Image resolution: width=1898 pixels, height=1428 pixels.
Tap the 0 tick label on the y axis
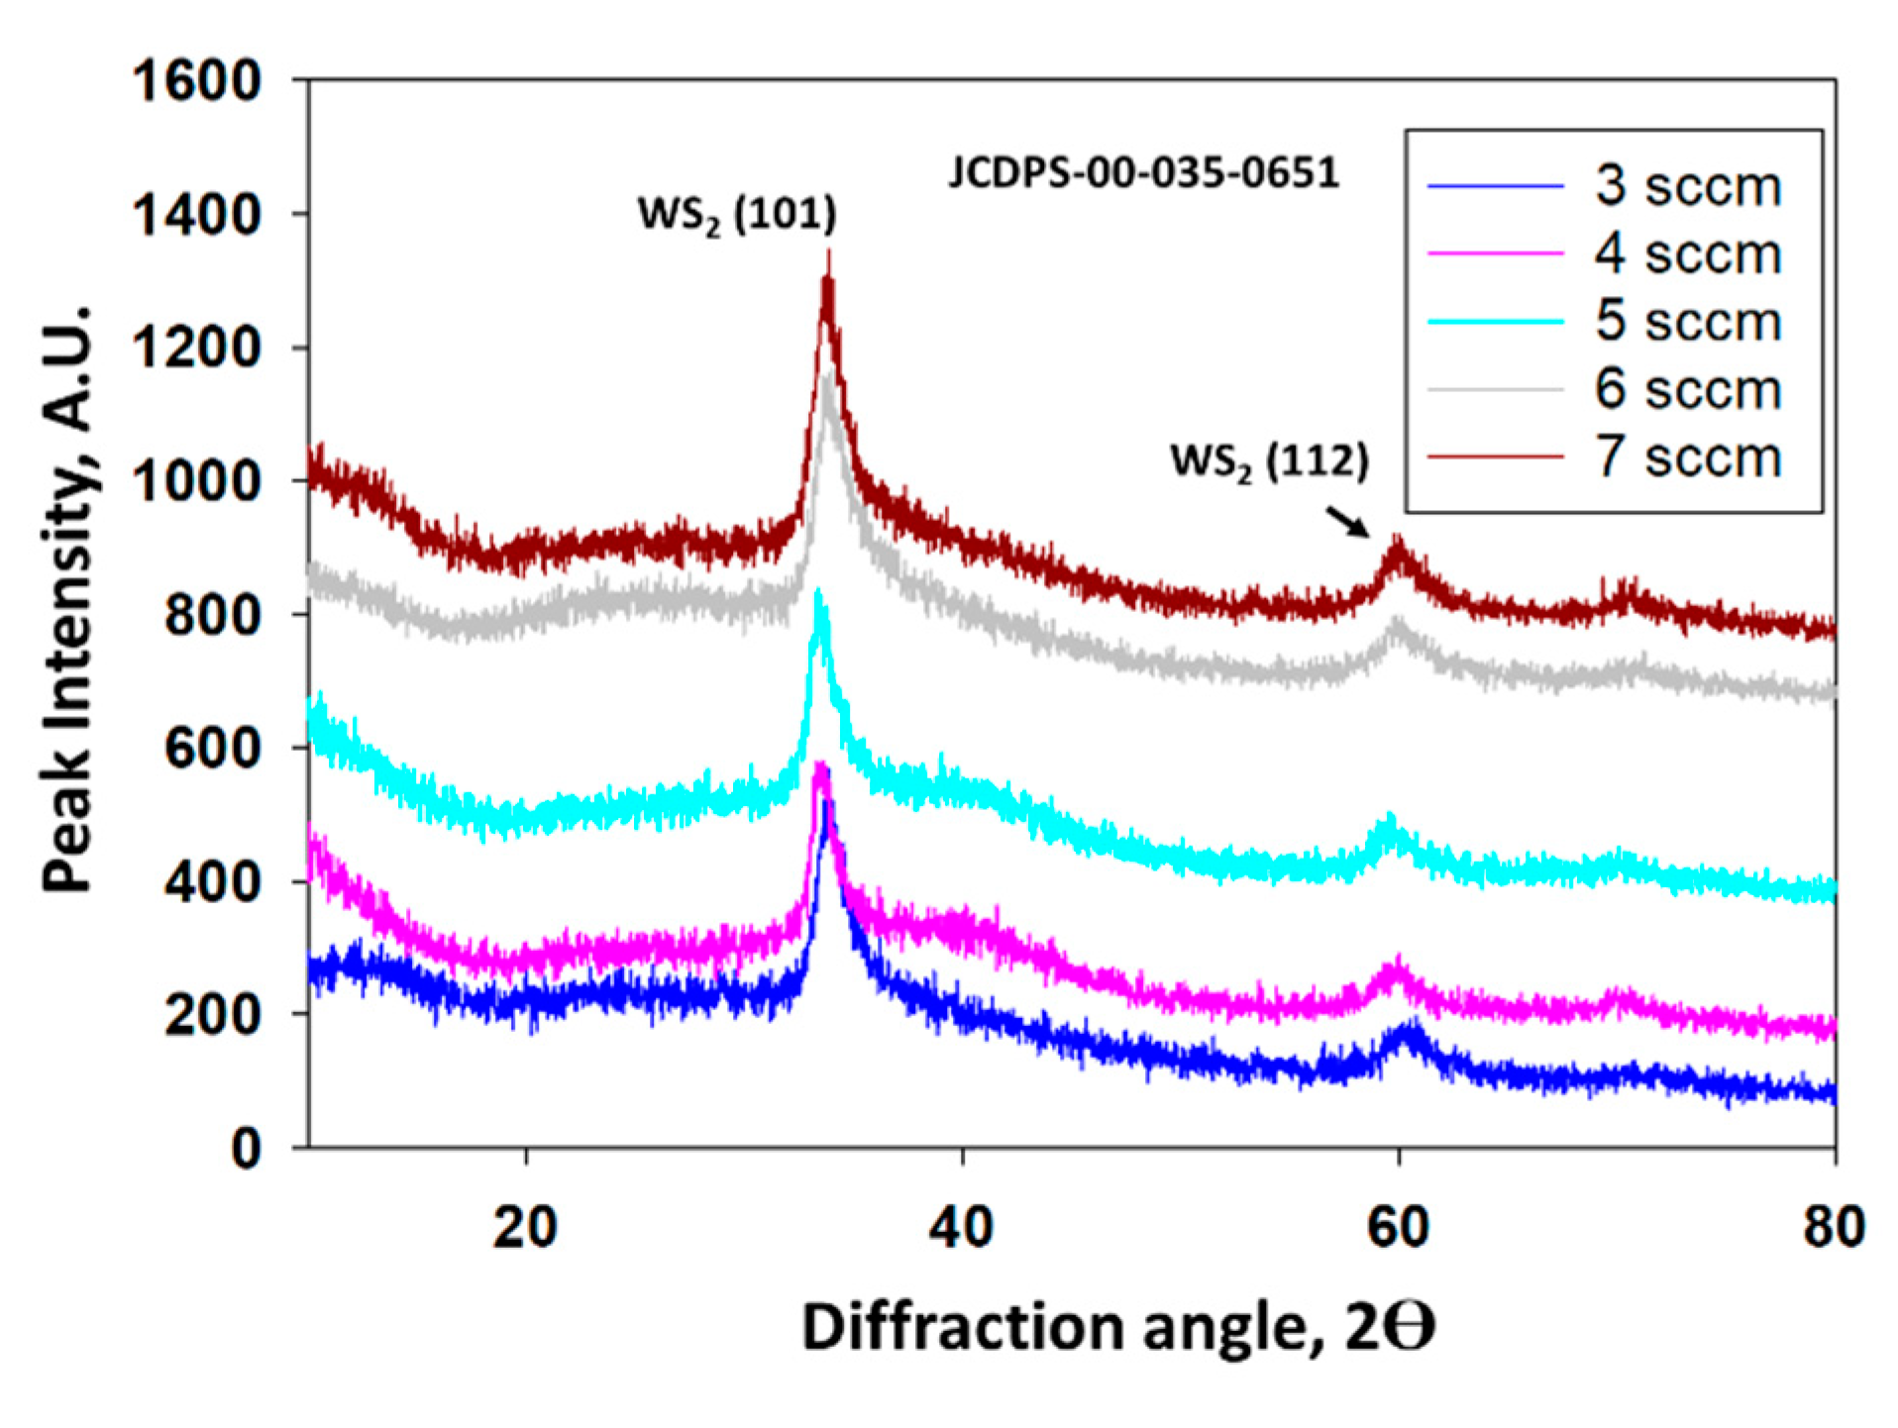pos(246,1149)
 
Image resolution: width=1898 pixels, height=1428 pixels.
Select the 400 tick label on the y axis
pos(212,882)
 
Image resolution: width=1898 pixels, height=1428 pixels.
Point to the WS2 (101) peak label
pos(737,214)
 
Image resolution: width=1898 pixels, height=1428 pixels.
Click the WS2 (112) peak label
pos(1269,461)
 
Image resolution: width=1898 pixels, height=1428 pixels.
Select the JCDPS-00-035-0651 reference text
pos(1143,172)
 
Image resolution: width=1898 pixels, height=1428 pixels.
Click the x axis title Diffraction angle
pos(1117,1326)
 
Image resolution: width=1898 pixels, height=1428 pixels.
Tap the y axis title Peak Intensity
pos(69,599)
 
